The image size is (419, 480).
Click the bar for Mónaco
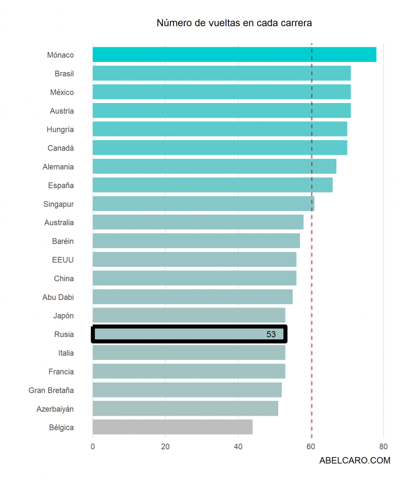coord(234,55)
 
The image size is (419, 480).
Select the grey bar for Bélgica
coord(172,427)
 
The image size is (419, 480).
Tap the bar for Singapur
coord(203,204)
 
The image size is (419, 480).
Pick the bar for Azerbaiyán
coord(185,408)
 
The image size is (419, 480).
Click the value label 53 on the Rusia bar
coord(271,334)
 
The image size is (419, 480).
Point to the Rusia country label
coord(64,334)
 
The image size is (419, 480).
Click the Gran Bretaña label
coord(51,390)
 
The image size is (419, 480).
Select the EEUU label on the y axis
coord(63,260)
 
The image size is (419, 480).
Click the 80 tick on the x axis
coord(383,447)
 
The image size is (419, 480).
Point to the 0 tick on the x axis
coord(92,447)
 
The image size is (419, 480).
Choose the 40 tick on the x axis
coord(238,447)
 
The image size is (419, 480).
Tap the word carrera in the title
coord(297,23)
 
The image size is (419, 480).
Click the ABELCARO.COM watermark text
coord(355,460)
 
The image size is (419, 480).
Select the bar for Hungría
coord(220,129)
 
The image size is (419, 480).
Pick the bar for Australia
coord(198,222)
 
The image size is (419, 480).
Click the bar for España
coord(212,185)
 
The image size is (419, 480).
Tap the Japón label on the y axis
coord(63,315)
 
